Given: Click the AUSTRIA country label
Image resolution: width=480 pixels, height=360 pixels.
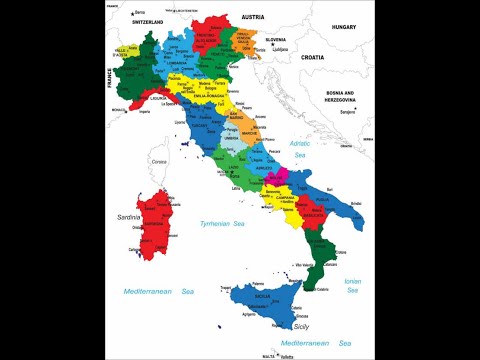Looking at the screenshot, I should click(x=252, y=18).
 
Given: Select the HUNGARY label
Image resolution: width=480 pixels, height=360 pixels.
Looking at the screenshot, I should click(x=345, y=28).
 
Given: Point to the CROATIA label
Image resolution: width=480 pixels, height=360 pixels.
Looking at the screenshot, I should click(x=312, y=58).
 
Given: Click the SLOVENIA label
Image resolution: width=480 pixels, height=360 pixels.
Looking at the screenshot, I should click(x=277, y=39).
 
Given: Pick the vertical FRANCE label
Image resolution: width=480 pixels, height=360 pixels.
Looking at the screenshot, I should click(x=110, y=78).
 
